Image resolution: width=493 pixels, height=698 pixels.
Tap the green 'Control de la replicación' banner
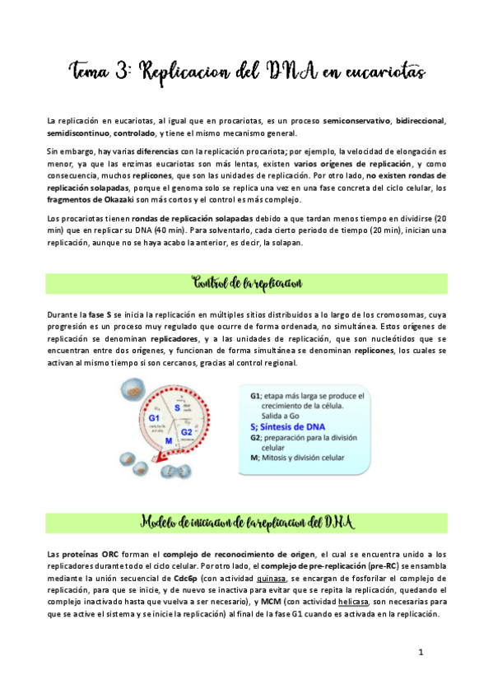(246, 283)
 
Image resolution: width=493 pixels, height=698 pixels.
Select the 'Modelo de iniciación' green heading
(246, 522)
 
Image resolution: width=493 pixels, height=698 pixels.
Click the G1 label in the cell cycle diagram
(154, 419)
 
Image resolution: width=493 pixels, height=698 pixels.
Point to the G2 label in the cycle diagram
(186, 431)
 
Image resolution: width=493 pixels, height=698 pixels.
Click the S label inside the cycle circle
(175, 407)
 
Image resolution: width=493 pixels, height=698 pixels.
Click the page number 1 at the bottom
(421, 652)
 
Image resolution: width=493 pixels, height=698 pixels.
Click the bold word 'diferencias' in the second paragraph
(160, 151)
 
